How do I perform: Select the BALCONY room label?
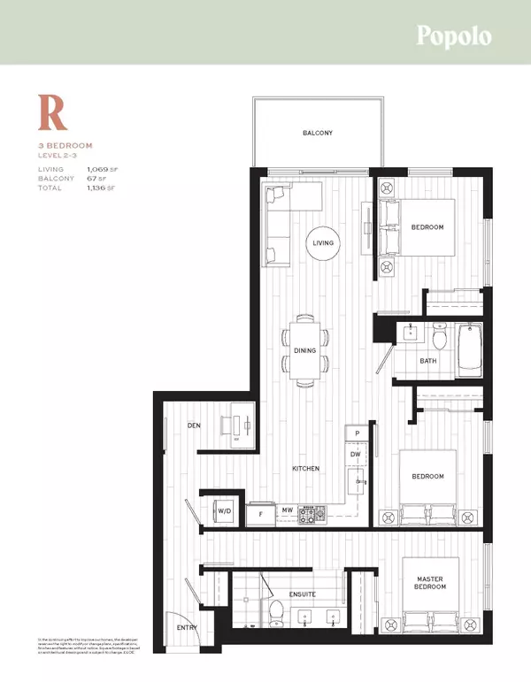pos(318,133)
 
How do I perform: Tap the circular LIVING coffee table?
pos(322,242)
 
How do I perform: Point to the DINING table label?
pos(304,351)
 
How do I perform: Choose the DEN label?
pos(196,425)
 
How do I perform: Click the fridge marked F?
pos(260,512)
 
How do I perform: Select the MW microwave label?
pos(288,510)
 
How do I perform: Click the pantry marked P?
pos(357,433)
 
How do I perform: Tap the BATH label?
pos(428,361)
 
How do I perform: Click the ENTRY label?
pos(187,629)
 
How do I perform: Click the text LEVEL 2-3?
pos(62,155)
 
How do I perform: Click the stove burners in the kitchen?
pos(312,512)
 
